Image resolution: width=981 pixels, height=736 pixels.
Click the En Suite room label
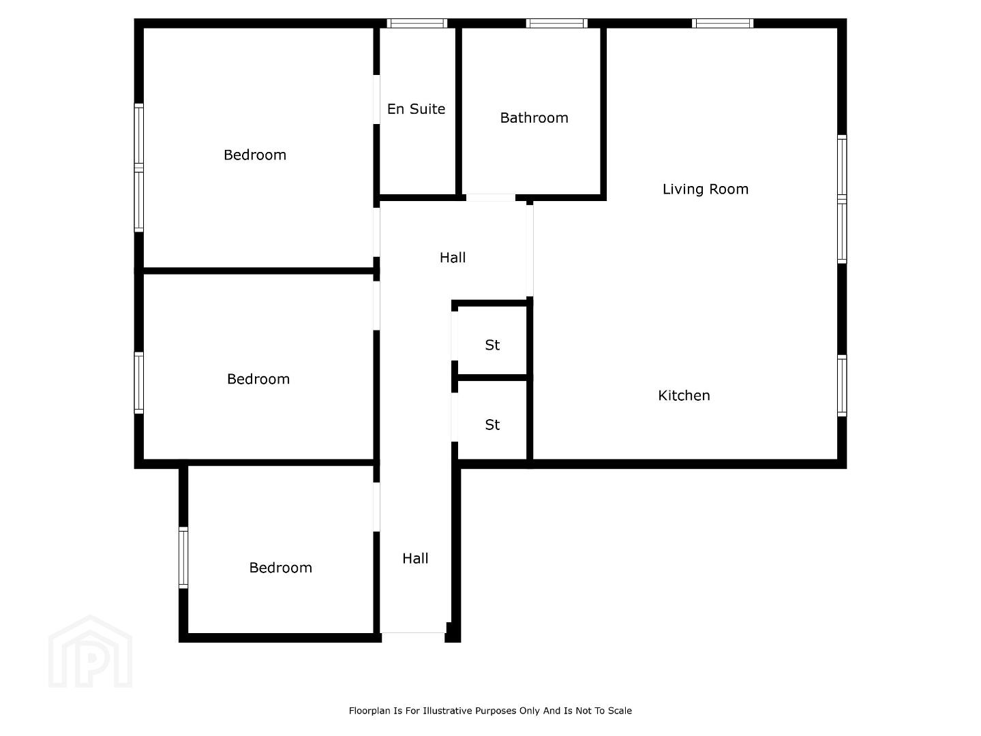click(x=416, y=109)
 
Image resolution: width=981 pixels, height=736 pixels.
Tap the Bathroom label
click(x=534, y=118)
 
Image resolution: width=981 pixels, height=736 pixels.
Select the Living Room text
click(x=705, y=189)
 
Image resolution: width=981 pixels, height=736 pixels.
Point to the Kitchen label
click(x=683, y=396)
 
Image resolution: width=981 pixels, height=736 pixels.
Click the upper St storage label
click(x=492, y=346)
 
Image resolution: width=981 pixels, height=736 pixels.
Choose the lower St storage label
click(x=492, y=425)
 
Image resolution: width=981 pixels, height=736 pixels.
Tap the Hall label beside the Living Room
click(x=452, y=258)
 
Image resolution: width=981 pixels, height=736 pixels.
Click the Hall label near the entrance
click(x=415, y=559)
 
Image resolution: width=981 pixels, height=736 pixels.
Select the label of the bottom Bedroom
click(x=280, y=568)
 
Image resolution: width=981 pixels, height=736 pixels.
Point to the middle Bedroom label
click(x=258, y=379)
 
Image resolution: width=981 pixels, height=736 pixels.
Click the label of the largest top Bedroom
click(x=255, y=155)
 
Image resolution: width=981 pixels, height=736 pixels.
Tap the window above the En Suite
click(x=417, y=23)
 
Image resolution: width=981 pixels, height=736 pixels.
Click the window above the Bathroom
click(x=556, y=23)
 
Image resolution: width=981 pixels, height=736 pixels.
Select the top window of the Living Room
click(x=723, y=23)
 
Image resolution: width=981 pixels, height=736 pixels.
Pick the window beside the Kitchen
click(x=842, y=386)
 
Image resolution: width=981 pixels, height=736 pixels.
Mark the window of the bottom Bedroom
click(x=183, y=557)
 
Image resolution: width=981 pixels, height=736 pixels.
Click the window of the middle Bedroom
click(x=139, y=383)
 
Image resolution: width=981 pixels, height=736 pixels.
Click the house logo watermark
click(x=90, y=652)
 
